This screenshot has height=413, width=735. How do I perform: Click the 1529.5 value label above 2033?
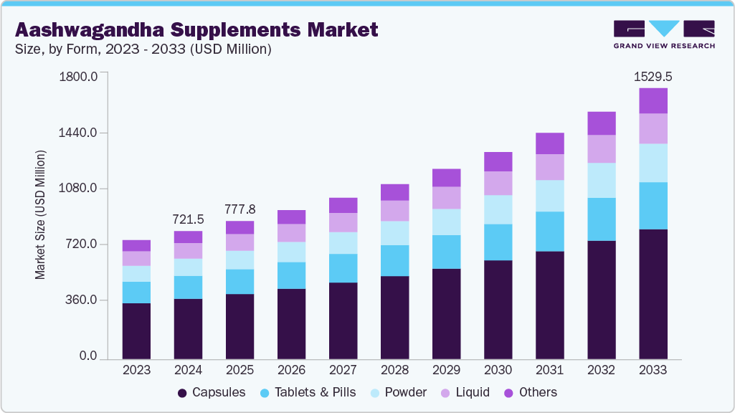click(x=653, y=76)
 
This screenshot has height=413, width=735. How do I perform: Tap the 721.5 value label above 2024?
click(x=188, y=219)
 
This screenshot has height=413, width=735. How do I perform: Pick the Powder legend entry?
click(x=398, y=392)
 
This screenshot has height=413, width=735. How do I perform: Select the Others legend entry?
click(x=531, y=392)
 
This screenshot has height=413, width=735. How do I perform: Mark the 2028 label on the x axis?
click(x=394, y=370)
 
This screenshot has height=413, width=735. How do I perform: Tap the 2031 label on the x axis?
click(x=549, y=370)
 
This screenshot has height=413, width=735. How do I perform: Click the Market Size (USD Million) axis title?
click(x=41, y=215)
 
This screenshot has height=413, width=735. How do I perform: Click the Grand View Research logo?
click(x=664, y=34)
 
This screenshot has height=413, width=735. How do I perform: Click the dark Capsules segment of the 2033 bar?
click(x=653, y=294)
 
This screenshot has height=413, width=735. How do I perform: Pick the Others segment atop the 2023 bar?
click(x=136, y=245)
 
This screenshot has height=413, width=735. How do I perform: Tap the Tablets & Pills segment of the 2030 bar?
click(x=498, y=242)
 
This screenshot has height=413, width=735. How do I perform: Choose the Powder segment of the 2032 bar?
click(x=602, y=180)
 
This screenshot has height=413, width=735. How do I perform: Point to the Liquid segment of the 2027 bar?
click(x=343, y=222)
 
